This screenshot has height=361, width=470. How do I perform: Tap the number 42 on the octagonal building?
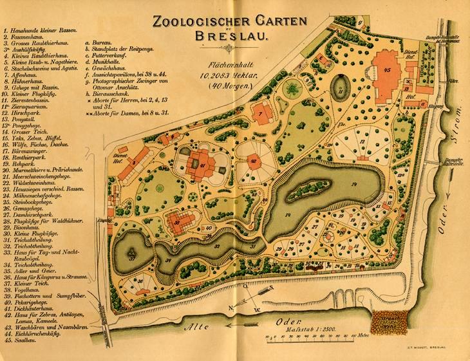(x=254, y=161)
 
